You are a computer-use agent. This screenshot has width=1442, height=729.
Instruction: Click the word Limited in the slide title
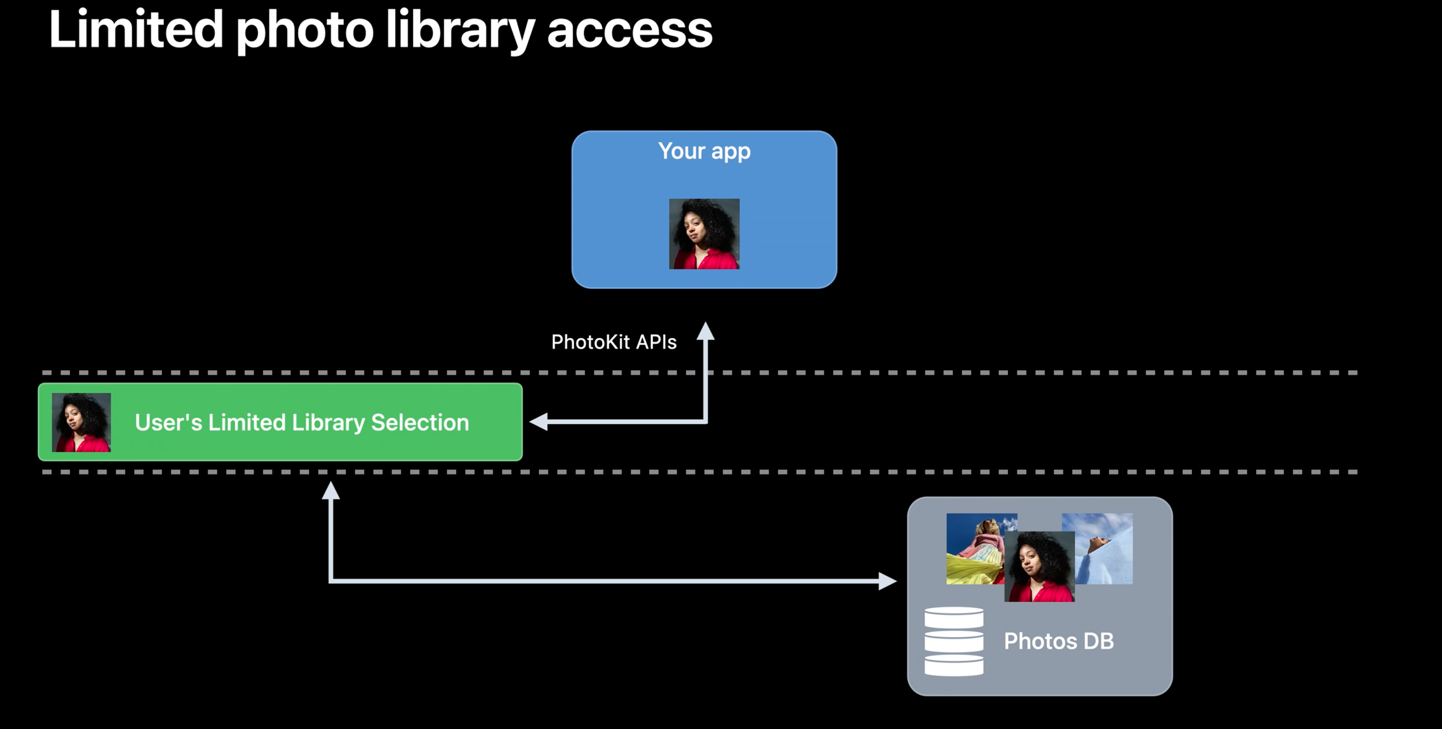tap(136, 29)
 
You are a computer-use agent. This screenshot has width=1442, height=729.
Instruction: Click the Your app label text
tap(704, 151)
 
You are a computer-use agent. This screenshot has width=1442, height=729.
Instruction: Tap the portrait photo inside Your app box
tap(704, 234)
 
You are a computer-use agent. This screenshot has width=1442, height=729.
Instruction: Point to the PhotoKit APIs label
tap(613, 342)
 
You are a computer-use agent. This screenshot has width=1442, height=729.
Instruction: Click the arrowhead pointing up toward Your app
tap(705, 332)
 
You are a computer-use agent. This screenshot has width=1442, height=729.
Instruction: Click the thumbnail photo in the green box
tap(81, 422)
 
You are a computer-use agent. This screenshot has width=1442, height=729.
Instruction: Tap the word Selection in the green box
tap(420, 423)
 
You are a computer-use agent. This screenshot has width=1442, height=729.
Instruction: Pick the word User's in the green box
tap(168, 423)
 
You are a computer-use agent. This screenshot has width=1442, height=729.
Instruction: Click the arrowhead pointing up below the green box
tap(331, 491)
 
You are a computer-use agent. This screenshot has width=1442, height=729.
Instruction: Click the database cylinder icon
tap(954, 641)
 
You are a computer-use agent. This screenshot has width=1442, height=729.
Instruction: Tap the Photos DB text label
tap(1058, 641)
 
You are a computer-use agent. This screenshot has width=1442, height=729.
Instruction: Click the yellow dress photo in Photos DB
tap(974, 549)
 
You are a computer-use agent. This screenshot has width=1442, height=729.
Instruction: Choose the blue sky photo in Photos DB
tap(1105, 546)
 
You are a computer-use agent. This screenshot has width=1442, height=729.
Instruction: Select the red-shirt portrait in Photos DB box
tap(1040, 566)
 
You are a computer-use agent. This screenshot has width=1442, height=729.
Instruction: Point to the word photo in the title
tap(304, 31)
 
